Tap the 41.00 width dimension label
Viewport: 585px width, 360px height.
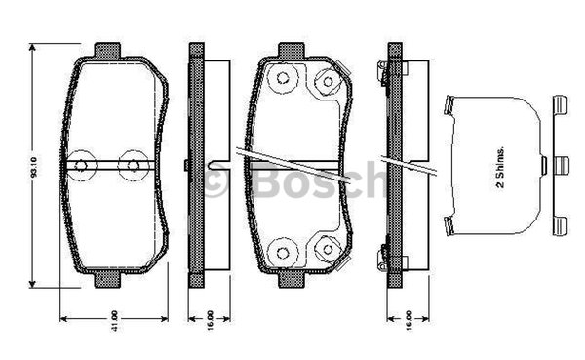pyautogui.click(x=114, y=320)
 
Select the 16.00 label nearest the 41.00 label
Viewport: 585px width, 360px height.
pyautogui.click(x=211, y=320)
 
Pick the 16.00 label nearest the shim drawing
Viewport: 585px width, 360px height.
pyautogui.click(x=409, y=320)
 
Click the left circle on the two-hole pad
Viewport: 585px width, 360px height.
pyautogui.click(x=82, y=166)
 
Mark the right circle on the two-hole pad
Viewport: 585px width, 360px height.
pyautogui.click(x=131, y=166)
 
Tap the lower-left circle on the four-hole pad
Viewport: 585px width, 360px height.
pyautogui.click(x=283, y=253)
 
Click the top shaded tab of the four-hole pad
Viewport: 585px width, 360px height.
pyautogui.click(x=293, y=49)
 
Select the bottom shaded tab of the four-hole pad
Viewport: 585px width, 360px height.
pyautogui.click(x=293, y=280)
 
